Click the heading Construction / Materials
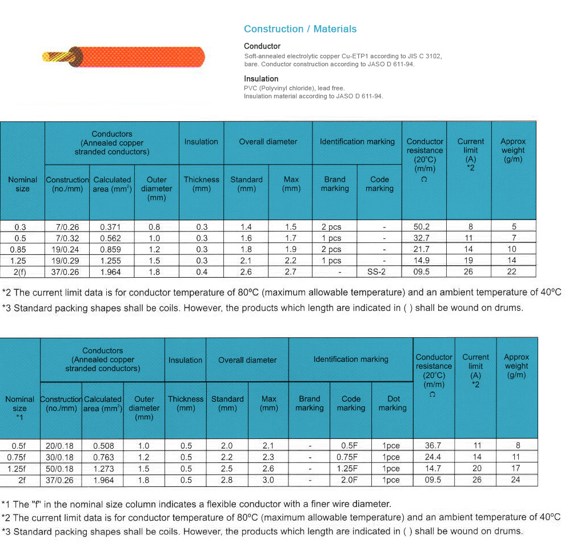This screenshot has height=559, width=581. pos(300,29)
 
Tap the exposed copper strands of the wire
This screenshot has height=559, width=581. pos(58,57)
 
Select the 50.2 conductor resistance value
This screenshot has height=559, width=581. pos(422,226)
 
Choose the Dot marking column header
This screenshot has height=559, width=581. pos(392,404)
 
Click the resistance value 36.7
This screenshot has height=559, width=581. pos(433,446)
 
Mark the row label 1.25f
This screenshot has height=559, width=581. pos(18,469)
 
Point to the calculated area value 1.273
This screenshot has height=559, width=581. pos(103,469)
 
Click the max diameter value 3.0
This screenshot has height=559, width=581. pos(268,480)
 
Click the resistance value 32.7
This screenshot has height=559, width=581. pos(422,238)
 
